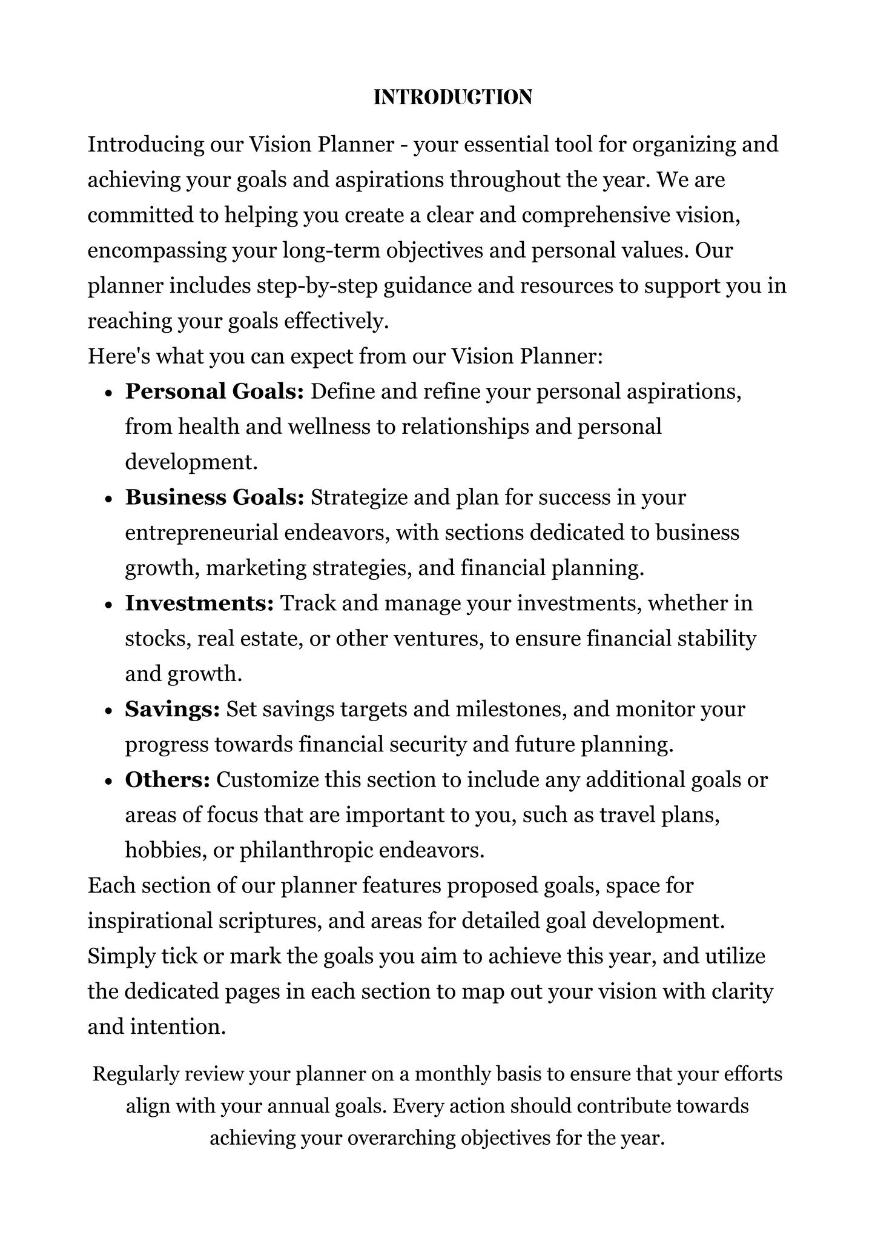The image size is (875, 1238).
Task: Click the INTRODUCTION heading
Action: click(x=452, y=97)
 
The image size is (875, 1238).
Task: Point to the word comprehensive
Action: click(x=576, y=216)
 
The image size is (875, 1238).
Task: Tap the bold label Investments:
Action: click(x=200, y=604)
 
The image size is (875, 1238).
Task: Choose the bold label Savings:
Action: click(x=173, y=709)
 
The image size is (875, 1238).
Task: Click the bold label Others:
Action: click(x=168, y=780)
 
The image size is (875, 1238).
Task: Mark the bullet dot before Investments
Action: click(x=109, y=605)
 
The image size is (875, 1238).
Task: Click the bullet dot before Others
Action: click(x=109, y=781)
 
